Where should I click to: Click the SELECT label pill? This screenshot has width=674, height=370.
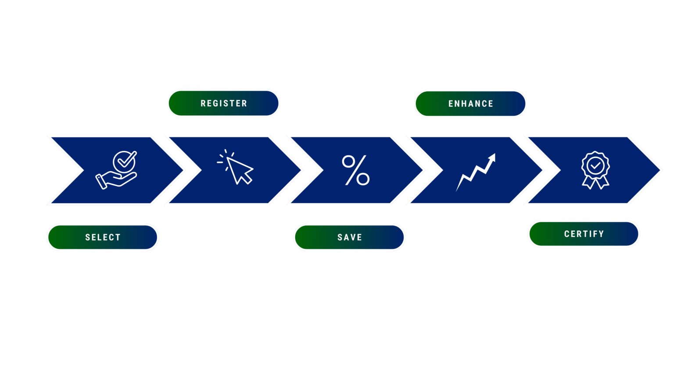coord(103,237)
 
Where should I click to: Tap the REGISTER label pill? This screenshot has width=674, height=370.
coord(223,103)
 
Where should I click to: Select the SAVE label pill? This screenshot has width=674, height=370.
coord(349,237)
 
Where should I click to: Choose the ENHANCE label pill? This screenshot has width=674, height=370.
coord(470,104)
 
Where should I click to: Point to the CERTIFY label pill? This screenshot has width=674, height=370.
coord(584,234)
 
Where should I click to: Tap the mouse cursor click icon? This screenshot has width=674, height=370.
coord(235,167)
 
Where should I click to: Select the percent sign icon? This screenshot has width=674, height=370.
coord(356,170)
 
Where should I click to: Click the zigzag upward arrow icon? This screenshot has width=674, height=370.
coord(476,172)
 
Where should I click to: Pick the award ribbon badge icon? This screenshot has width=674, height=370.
coord(595,170)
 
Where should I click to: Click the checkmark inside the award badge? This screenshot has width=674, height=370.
coord(595,165)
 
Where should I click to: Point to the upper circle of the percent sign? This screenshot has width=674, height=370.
coord(349,162)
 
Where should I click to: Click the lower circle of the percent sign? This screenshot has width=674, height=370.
coord(363,179)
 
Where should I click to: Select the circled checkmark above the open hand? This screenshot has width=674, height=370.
coord(125,162)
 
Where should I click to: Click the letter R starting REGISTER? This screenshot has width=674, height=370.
coord(203,104)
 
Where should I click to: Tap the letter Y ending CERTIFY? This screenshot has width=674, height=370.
coord(601,234)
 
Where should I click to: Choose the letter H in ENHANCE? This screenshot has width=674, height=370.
coord(465,104)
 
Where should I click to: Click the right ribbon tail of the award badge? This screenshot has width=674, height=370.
coord(604,183)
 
